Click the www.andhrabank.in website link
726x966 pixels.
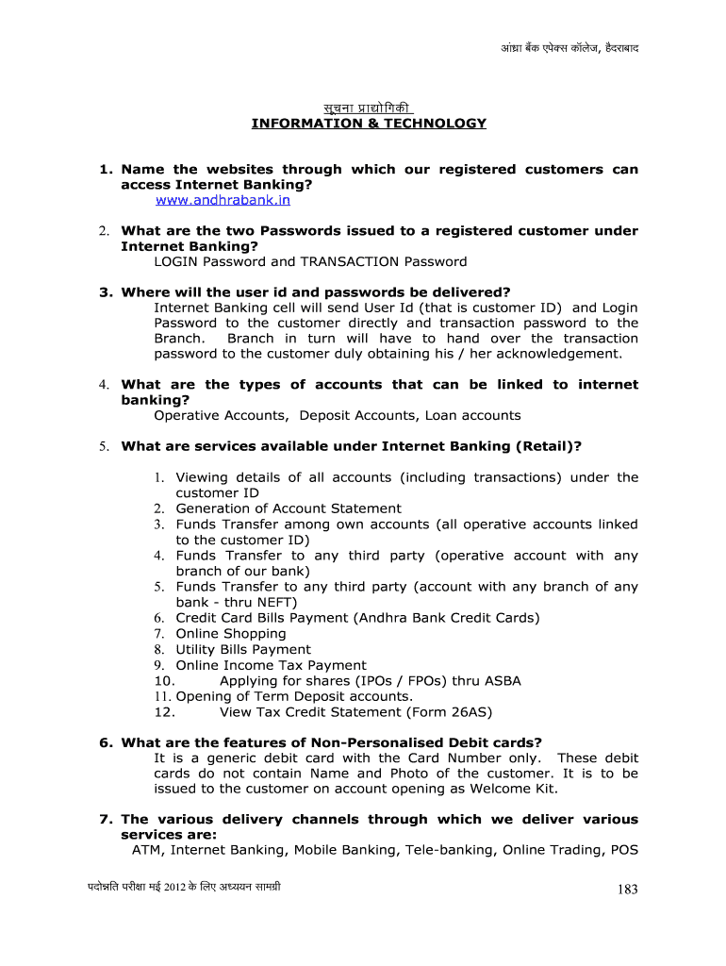223,200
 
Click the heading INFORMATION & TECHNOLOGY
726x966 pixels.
369,124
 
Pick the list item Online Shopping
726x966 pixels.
230,634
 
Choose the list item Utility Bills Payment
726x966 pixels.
242,649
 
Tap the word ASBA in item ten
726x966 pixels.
502,680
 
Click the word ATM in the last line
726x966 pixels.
147,850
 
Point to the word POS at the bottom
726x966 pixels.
624,850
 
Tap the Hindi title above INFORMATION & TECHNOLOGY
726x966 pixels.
369,107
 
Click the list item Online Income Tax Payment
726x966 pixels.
271,665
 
